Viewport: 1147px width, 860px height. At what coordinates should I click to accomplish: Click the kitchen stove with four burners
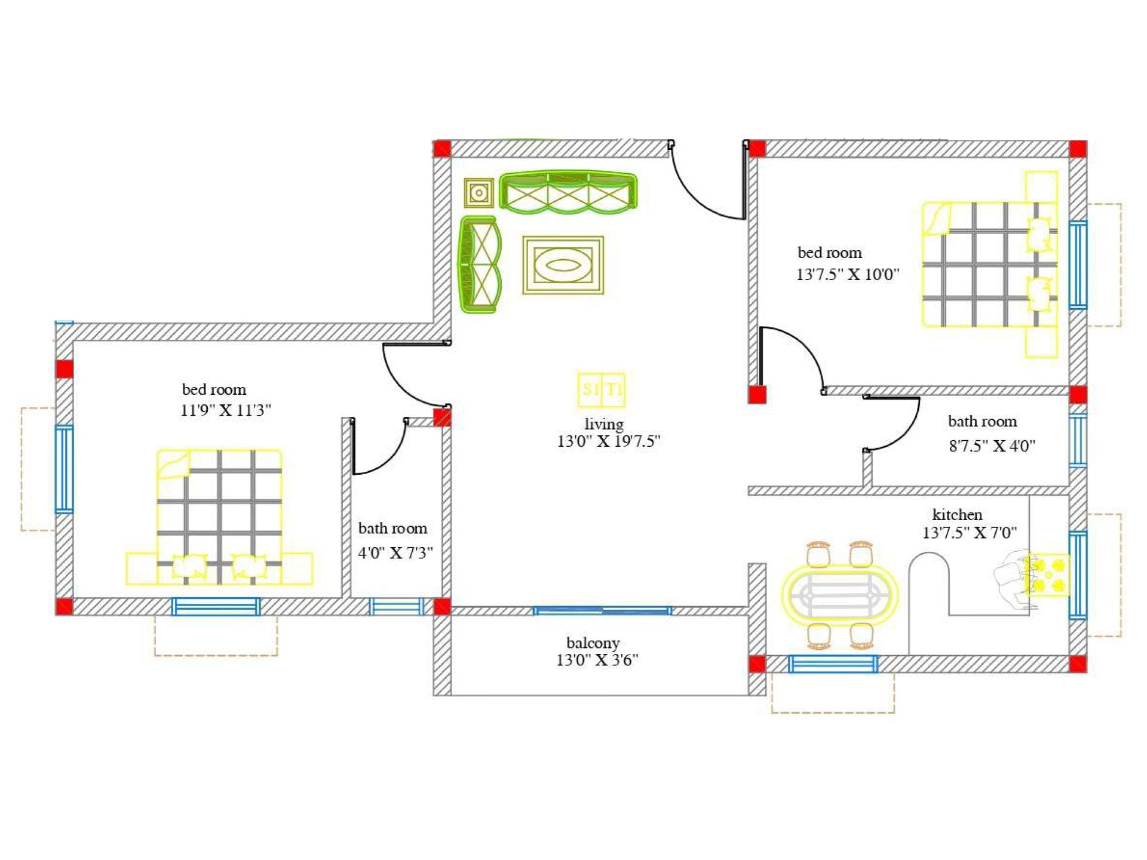click(1047, 576)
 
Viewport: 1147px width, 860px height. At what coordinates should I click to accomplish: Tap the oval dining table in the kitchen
click(839, 595)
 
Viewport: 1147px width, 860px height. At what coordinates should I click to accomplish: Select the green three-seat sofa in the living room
click(568, 192)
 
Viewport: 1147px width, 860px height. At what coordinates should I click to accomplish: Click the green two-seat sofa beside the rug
click(479, 265)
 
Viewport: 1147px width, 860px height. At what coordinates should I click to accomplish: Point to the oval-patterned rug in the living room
click(563, 265)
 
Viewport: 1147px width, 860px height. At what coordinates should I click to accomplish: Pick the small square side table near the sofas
click(479, 192)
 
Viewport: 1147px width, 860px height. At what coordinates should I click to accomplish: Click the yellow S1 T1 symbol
click(601, 389)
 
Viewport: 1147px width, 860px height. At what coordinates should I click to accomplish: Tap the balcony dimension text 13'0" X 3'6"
click(597, 660)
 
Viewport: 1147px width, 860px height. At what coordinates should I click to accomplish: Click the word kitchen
click(957, 514)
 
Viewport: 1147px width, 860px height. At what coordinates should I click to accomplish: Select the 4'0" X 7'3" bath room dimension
click(395, 552)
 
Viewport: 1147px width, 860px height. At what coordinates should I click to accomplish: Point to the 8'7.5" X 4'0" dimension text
click(992, 446)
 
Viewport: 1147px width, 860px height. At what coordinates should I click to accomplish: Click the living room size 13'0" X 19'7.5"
click(608, 441)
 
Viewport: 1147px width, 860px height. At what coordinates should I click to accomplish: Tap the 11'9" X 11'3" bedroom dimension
click(226, 410)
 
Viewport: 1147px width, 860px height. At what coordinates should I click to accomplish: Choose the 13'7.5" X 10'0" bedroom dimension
click(847, 274)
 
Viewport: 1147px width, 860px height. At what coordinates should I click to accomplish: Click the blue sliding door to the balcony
click(602, 610)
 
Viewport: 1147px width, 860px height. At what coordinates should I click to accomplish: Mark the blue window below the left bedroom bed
click(216, 607)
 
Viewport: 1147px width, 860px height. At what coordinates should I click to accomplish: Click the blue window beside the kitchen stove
click(1078, 575)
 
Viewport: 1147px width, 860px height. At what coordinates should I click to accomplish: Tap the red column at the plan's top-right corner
click(1078, 149)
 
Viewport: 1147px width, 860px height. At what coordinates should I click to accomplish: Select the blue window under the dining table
click(833, 664)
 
